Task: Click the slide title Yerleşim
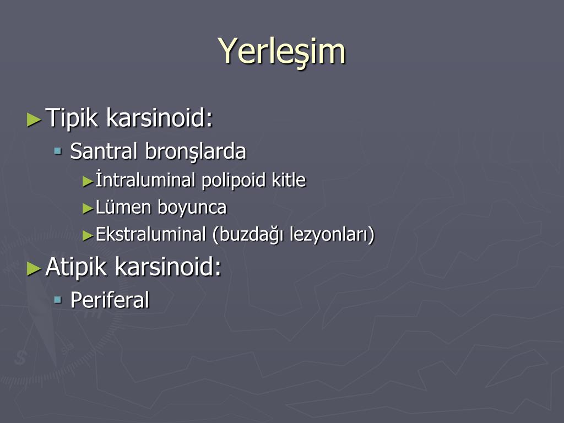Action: tap(281, 52)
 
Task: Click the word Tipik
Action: tap(72, 118)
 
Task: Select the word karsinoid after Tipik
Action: tap(160, 117)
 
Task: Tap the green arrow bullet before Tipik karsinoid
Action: tap(34, 120)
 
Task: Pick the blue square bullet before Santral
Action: tap(57, 150)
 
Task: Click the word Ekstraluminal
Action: tap(151, 234)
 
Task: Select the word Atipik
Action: tap(76, 267)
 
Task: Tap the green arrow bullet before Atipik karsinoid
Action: tap(34, 269)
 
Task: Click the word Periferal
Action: tap(110, 300)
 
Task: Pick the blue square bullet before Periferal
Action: tap(57, 299)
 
